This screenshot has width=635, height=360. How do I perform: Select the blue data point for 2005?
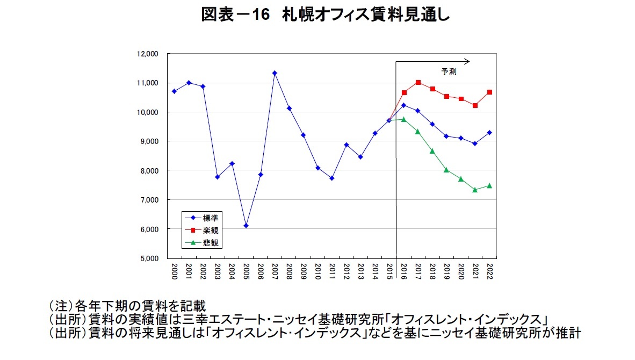point(246,226)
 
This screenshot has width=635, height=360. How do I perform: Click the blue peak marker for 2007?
point(275,73)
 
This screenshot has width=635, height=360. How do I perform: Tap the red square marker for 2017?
point(418,82)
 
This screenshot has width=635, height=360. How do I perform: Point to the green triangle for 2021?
point(475,190)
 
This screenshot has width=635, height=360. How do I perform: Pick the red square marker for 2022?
point(489,92)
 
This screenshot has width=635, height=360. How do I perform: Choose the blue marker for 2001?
point(189,83)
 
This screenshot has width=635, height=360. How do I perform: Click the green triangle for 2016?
point(403,119)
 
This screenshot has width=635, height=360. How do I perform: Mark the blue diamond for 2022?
point(489,133)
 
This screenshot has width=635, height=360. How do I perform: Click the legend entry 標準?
point(210,218)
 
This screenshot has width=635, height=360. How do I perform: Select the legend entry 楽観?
point(210,230)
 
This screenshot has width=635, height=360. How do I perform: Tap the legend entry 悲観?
point(210,242)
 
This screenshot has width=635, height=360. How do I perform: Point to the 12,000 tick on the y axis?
point(147,54)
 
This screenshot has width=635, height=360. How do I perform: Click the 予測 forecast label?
point(449,71)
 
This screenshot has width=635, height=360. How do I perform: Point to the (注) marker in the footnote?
point(59,306)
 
